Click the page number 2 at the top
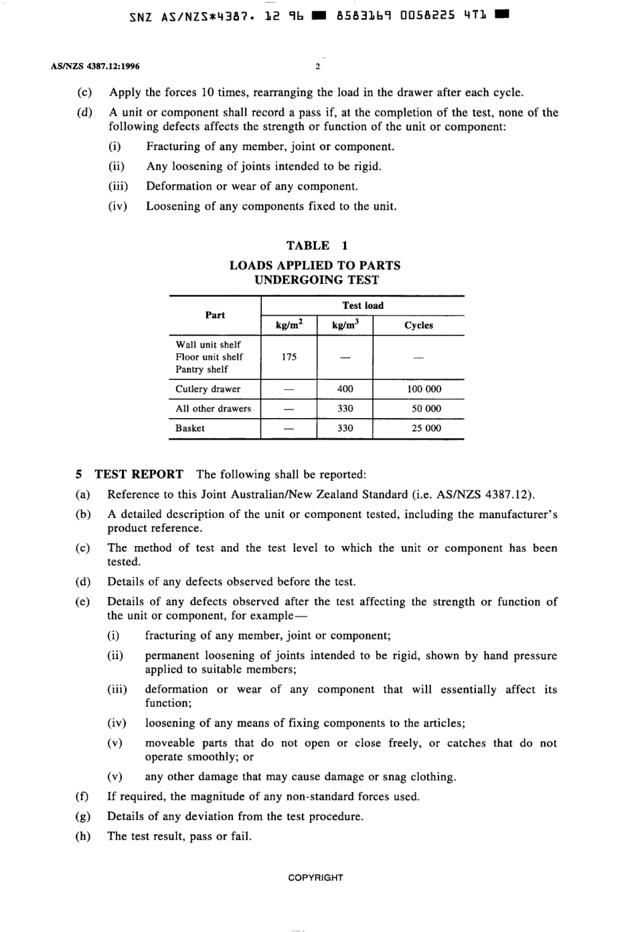(318, 66)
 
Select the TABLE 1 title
(317, 245)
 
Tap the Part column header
(215, 315)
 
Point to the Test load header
(363, 306)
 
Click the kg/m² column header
(289, 325)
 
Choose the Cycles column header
(418, 325)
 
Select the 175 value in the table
(289, 357)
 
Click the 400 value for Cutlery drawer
(345, 389)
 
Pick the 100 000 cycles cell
(424, 389)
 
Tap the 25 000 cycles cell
(426, 428)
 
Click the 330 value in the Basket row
(345, 428)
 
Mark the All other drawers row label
(213, 409)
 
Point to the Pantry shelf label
(202, 369)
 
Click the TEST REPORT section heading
(139, 474)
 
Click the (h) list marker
(82, 836)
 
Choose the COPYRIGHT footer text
(315, 878)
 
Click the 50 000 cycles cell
(426, 409)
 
